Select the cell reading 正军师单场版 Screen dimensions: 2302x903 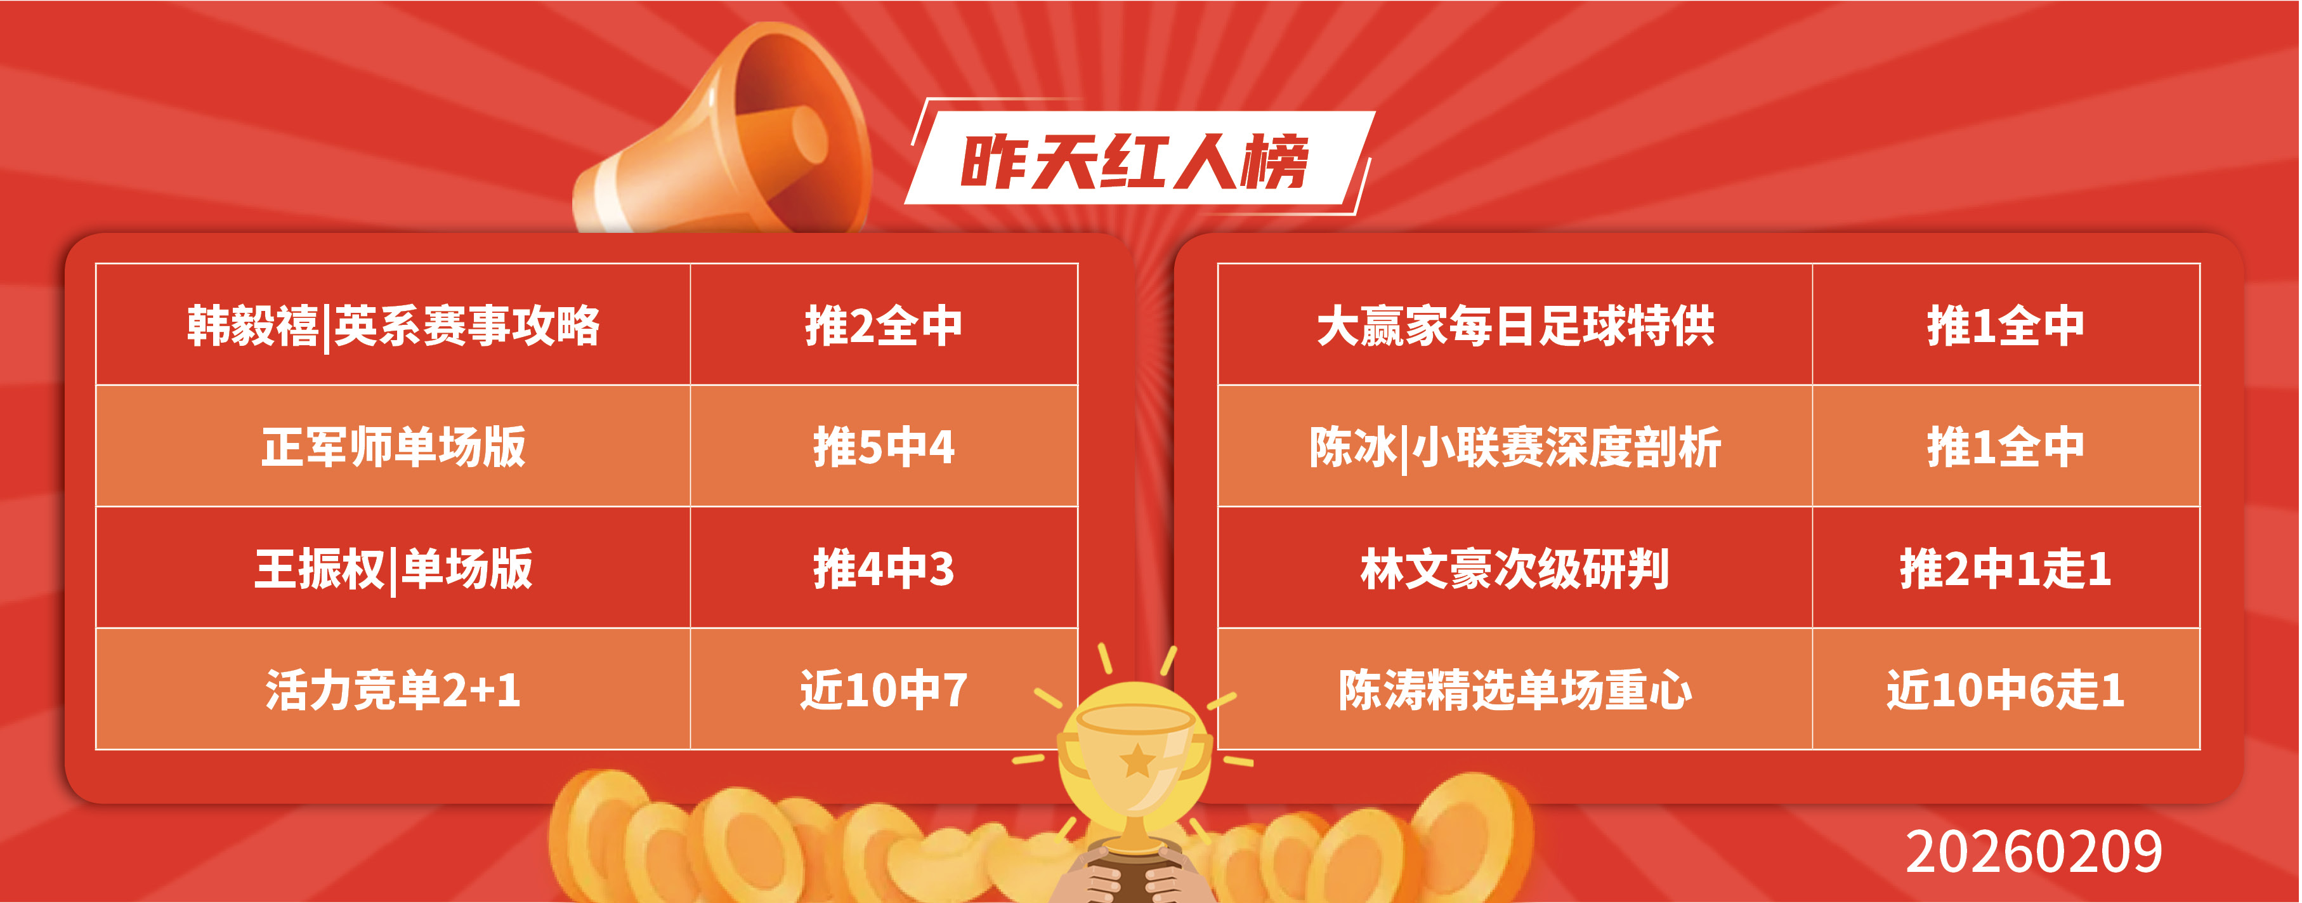tap(393, 447)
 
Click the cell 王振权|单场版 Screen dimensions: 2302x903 tap(393, 569)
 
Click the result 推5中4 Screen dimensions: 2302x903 tap(884, 447)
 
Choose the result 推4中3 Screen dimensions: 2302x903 tap(884, 569)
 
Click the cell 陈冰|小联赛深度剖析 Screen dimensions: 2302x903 tap(1515, 447)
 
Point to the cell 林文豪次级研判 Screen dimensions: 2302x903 tap(1515, 569)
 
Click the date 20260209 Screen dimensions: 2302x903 tap(2034, 851)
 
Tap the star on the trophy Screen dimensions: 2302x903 tap(1137, 761)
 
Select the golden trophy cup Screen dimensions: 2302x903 tap(1135, 769)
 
